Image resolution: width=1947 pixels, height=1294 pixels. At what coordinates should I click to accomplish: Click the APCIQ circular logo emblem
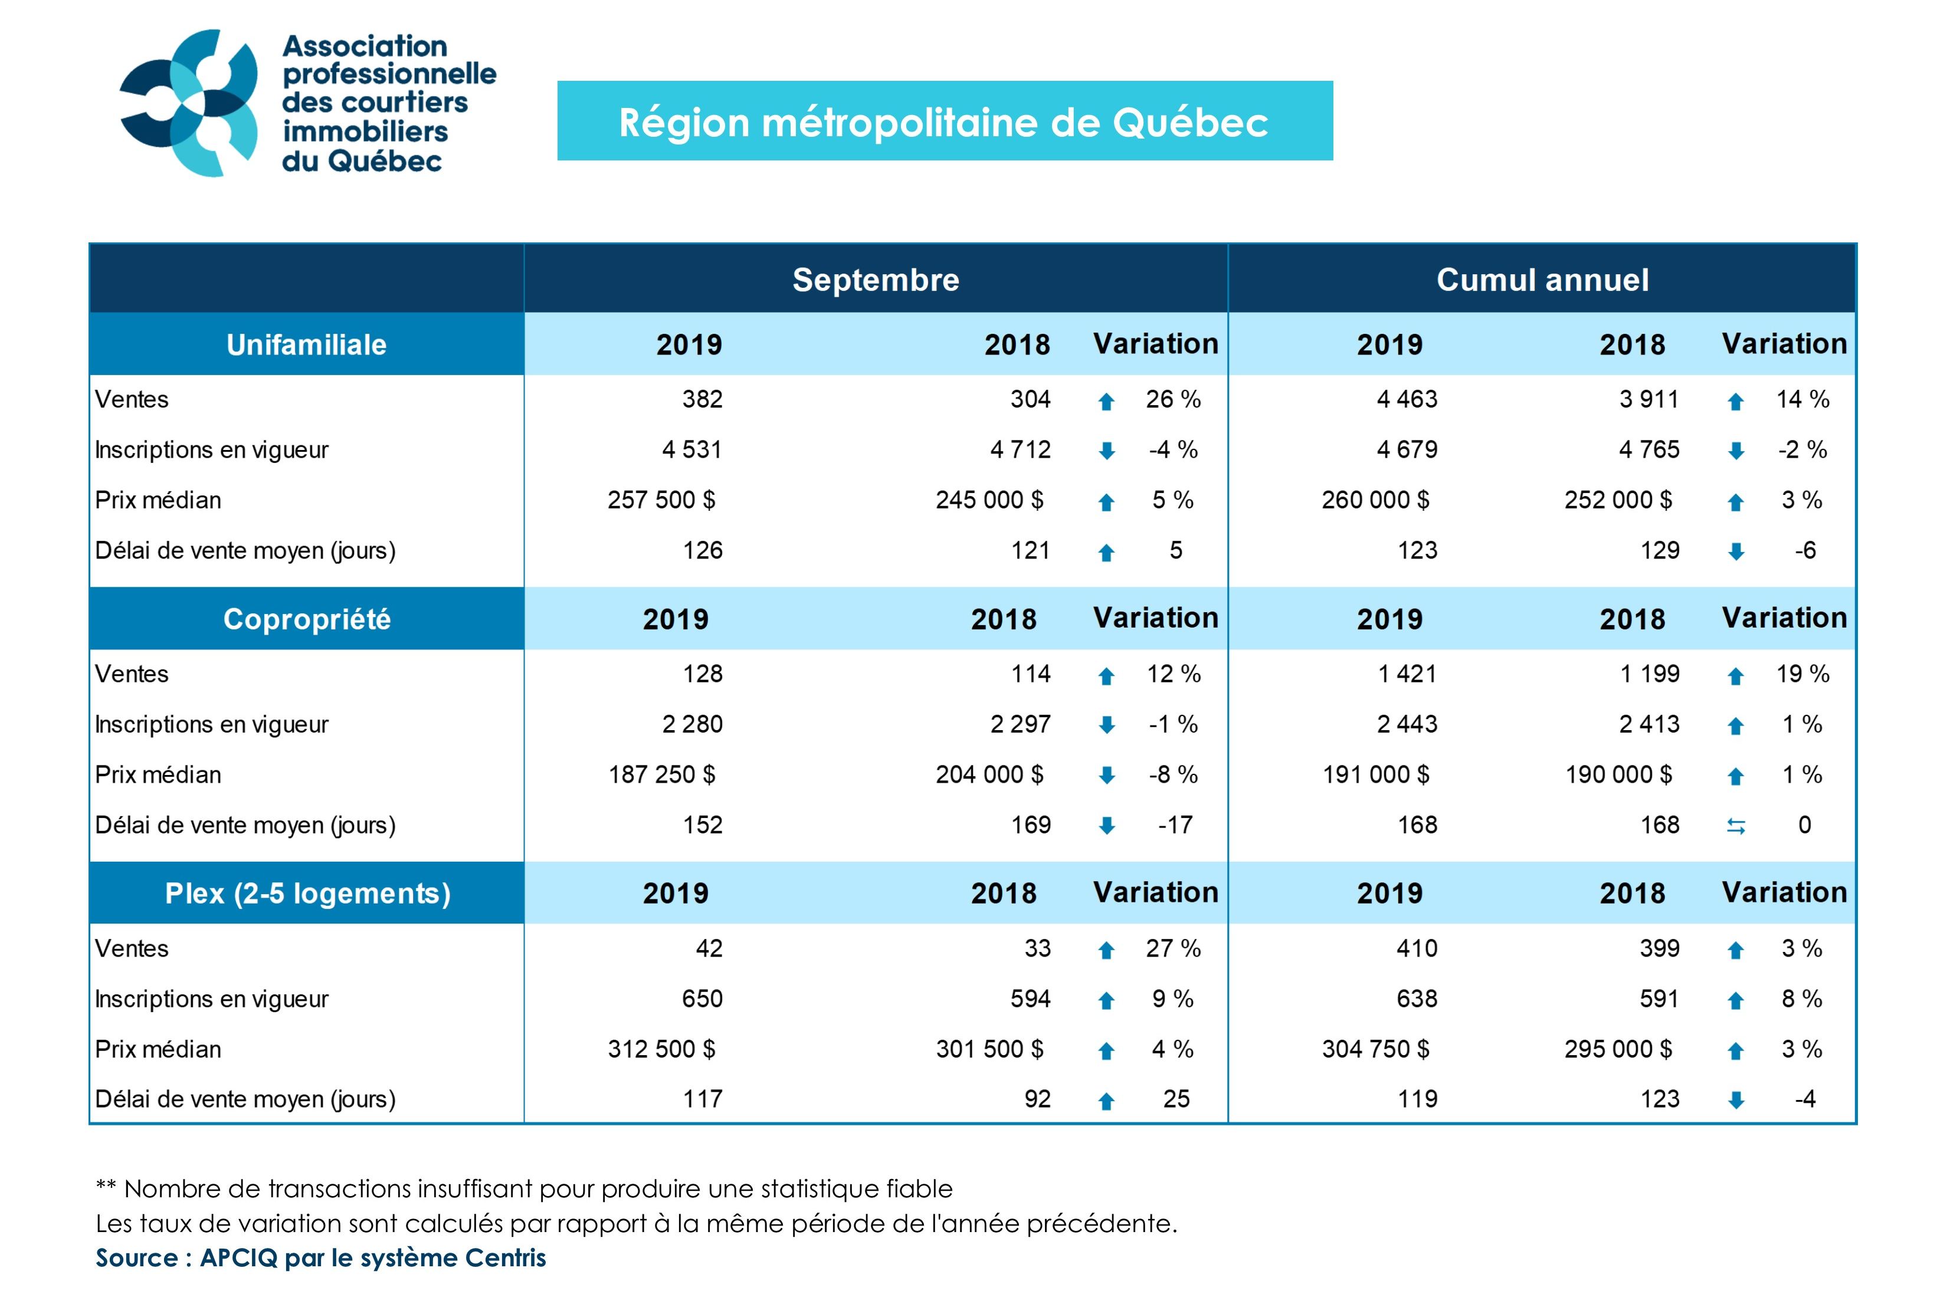point(189,103)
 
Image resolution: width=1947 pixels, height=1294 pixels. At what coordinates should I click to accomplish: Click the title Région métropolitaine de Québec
point(943,122)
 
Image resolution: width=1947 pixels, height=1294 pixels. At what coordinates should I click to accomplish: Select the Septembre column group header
point(875,280)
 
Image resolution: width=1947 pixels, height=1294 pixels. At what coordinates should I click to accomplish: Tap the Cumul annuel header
point(1542,280)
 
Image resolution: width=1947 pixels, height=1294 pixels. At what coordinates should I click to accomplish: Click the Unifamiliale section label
point(306,344)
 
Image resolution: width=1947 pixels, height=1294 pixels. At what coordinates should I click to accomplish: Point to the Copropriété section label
point(306,619)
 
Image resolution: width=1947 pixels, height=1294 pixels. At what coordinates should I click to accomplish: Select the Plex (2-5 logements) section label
point(307,893)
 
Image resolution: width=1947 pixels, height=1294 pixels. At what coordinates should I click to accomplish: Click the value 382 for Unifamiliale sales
point(702,399)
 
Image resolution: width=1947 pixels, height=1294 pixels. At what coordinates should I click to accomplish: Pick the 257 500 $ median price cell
point(661,500)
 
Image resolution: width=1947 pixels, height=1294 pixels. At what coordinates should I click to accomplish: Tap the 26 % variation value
point(1172,399)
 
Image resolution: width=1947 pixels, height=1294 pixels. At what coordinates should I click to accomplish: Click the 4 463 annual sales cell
point(1407,399)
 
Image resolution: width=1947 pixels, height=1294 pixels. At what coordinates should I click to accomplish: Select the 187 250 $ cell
point(661,775)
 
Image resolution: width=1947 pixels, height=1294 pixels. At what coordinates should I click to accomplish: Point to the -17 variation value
point(1175,825)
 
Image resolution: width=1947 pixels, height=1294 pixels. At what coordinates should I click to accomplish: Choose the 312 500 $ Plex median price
point(661,1049)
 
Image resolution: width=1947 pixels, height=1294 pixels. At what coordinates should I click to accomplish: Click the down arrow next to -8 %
point(1107,776)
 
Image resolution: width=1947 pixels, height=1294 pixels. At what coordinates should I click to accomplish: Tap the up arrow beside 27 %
point(1107,951)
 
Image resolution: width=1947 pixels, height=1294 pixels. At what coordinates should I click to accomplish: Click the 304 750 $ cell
point(1375,1049)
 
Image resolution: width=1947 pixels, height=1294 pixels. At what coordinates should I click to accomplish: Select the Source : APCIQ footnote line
point(320,1257)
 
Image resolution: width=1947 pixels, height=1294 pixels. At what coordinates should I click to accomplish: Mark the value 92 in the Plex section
point(1037,1099)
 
